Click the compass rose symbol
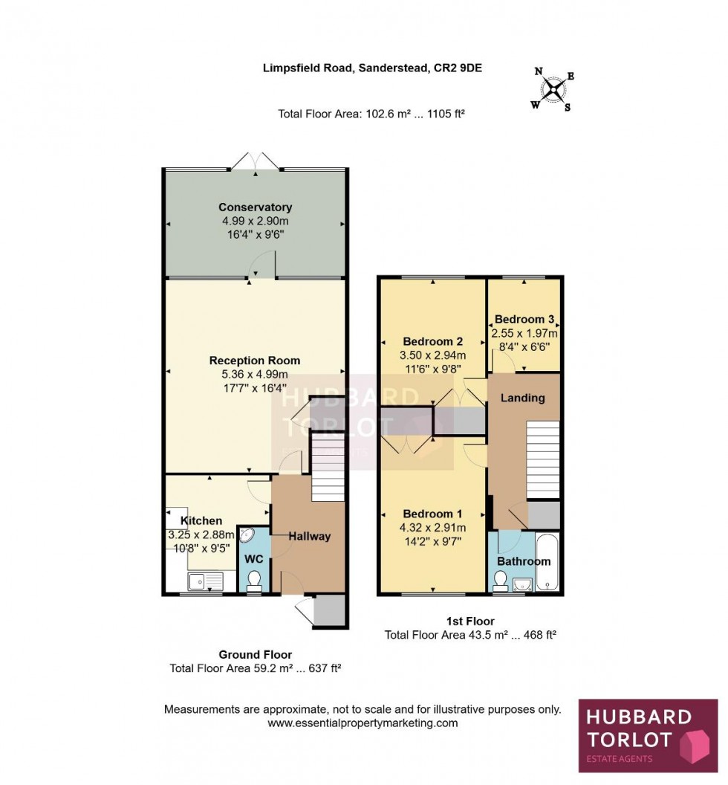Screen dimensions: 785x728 click(553, 90)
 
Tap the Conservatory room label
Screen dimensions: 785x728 click(255, 207)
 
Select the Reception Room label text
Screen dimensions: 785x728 click(255, 361)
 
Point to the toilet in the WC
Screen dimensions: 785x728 click(254, 580)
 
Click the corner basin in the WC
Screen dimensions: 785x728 click(246, 536)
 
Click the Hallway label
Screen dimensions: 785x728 click(309, 536)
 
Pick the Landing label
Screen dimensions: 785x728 click(522, 398)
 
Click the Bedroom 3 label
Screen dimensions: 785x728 click(524, 320)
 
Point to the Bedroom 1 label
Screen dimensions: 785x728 click(432, 514)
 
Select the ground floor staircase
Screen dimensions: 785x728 click(328, 468)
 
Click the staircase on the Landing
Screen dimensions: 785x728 click(542, 459)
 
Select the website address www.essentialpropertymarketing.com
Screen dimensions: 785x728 click(363, 723)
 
